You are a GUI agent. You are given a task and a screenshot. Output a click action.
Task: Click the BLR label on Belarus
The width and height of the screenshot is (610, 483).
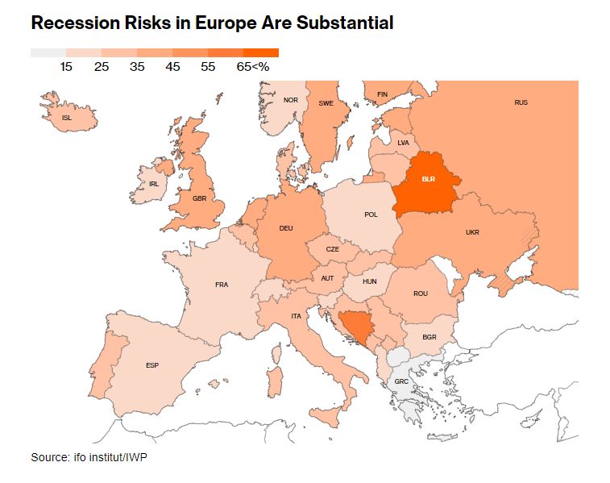click(x=428, y=179)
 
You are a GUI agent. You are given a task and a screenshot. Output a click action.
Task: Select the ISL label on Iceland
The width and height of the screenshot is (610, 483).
click(x=67, y=118)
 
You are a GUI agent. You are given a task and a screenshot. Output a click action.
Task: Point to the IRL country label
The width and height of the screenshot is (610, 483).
click(x=154, y=184)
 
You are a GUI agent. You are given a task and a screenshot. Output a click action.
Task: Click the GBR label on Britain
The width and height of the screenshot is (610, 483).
click(x=200, y=198)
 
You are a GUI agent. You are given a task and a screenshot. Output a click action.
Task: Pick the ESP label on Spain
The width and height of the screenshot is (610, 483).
click(x=152, y=365)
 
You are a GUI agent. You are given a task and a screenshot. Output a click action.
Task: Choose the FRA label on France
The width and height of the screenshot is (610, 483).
click(x=222, y=285)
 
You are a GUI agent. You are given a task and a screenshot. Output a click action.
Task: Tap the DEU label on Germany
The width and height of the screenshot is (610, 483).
click(x=285, y=228)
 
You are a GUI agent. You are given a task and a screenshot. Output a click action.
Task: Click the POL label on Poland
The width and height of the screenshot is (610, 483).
click(x=371, y=214)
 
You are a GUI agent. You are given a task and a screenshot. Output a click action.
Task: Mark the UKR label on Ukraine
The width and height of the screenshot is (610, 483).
click(x=472, y=232)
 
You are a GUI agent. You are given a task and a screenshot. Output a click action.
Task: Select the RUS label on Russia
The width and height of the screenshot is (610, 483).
click(x=521, y=102)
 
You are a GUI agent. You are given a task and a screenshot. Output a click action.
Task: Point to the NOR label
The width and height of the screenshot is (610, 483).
click(x=291, y=100)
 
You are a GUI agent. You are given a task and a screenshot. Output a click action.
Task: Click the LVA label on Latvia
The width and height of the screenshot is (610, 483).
click(x=404, y=143)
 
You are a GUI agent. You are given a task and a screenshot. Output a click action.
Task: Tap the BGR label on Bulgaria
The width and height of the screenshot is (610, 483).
click(x=429, y=337)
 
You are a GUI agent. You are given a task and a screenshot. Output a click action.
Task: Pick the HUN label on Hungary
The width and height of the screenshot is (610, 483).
click(x=369, y=281)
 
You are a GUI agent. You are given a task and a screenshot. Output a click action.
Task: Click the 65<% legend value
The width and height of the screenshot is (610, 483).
click(x=253, y=67)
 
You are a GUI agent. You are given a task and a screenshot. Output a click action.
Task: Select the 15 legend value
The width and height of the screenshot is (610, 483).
click(x=66, y=67)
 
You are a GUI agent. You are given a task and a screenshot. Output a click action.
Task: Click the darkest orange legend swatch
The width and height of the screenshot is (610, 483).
click(x=261, y=52)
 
